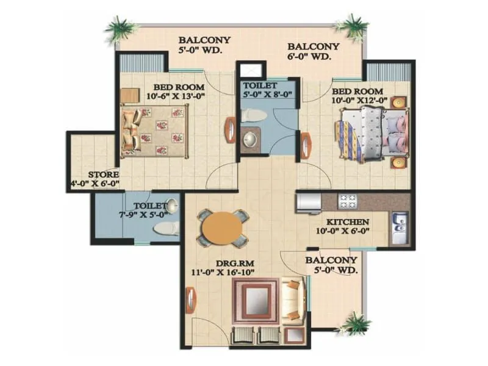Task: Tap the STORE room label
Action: coord(103,174)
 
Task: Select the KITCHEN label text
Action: coord(346,221)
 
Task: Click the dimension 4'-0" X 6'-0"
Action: coord(95,183)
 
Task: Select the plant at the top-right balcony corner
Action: coord(353,26)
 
